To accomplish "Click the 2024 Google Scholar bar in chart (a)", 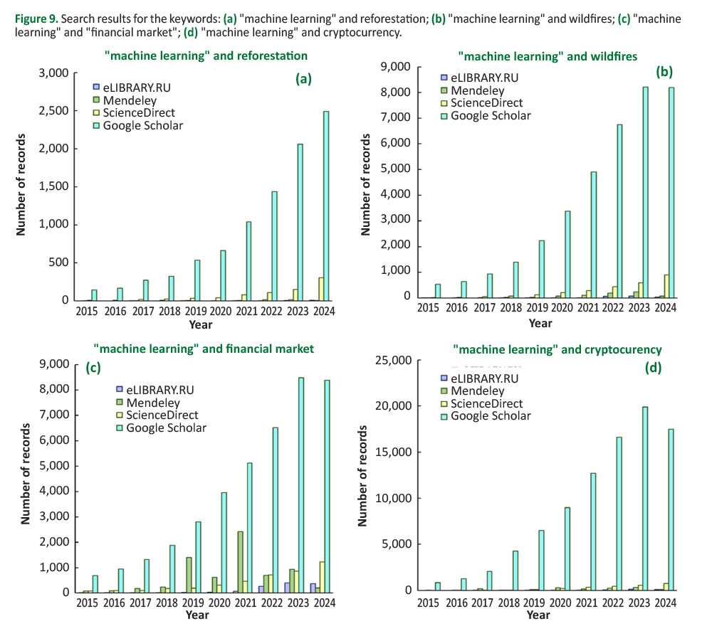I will pos(326,206).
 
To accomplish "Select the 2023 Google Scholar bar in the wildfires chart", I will pos(645,192).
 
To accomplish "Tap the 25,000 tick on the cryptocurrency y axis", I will pos(392,361).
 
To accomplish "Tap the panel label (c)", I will pos(93,368).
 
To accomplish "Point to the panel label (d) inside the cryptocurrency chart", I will pos(653,368).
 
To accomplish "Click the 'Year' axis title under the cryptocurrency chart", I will pos(539,615).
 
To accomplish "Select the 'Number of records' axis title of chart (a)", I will pos(21,187).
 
